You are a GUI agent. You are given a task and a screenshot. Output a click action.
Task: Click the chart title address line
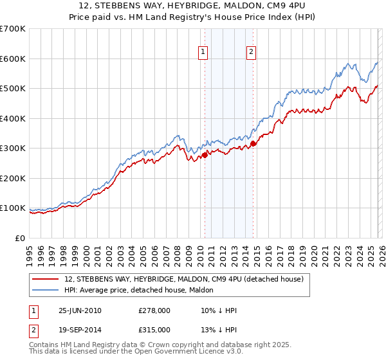coord(193,6)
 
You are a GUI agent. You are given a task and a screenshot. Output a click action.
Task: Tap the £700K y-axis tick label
coord(12,29)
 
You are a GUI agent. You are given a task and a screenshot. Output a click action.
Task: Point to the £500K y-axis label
coord(12,89)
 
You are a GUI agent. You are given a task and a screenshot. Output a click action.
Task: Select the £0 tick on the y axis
coord(19,238)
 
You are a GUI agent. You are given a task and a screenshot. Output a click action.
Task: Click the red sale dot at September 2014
coord(253,143)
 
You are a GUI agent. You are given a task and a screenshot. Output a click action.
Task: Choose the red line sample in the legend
coord(47,279)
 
